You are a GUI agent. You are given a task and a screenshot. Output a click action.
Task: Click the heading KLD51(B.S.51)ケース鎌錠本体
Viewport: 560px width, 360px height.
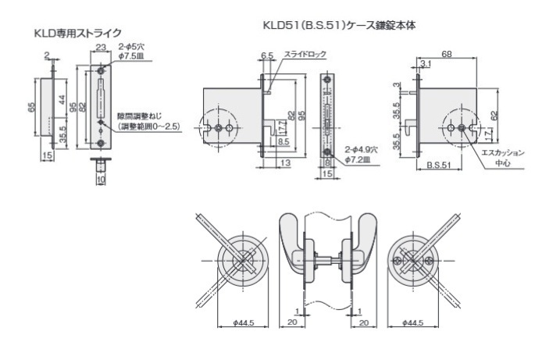tap(339, 25)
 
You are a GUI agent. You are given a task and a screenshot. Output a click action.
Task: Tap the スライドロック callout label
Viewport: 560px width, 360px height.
tap(305, 55)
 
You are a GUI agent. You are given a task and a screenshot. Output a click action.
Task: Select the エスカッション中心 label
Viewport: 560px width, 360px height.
tap(502, 159)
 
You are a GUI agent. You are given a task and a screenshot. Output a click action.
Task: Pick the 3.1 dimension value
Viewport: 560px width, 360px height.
tap(425, 63)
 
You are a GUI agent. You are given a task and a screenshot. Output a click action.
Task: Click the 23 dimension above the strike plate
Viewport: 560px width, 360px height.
tap(101, 48)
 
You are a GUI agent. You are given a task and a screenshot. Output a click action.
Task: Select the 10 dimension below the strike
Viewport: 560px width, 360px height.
tap(101, 180)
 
